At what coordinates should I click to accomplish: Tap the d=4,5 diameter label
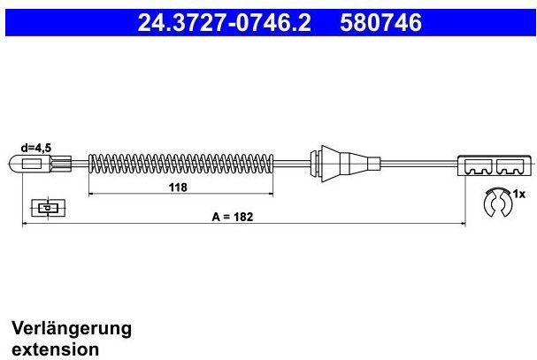(35, 149)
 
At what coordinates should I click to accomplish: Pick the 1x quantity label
(519, 193)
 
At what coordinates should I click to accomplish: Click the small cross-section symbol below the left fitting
(46, 208)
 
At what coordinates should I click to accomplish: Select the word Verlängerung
(71, 328)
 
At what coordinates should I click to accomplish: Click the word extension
(55, 349)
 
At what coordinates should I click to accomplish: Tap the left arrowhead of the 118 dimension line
(91, 194)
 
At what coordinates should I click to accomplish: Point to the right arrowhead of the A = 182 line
(464, 224)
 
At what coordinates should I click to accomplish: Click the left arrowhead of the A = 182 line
(24, 224)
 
